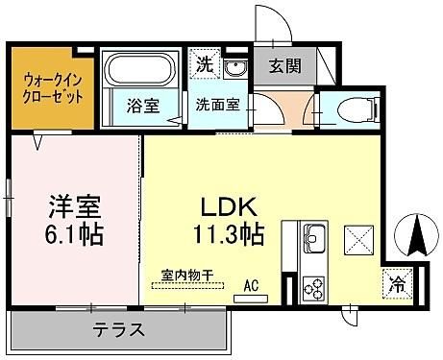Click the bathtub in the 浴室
coord(141,70)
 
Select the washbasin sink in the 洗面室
coord(235,68)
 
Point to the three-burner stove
coord(314,288)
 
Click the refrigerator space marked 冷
coord(397,283)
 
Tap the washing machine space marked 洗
coord(205,64)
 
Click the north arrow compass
coord(417,234)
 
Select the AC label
coord(251,286)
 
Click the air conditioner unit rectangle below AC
coord(251,299)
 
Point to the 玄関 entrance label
coord(284,66)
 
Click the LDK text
coord(229,207)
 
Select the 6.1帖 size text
coord(74,234)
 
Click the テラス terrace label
coord(118,329)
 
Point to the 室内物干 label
coord(187,275)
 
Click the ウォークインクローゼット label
coord(53,88)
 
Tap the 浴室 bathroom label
coord(143,106)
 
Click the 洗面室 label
coord(218,105)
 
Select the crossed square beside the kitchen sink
coord(358,240)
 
